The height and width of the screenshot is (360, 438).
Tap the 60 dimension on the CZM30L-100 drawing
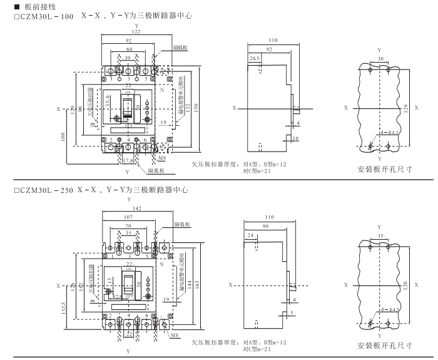[x=130, y=48]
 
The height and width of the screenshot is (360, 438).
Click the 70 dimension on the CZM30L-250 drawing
[x=130, y=225]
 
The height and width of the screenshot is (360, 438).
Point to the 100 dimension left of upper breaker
[x=65, y=136]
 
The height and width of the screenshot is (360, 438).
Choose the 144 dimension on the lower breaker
[x=186, y=283]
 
